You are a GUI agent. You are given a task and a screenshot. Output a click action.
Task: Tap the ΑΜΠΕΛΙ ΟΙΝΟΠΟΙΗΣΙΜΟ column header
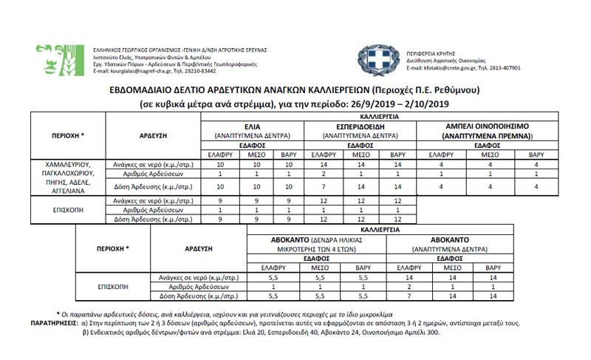pos(487,127)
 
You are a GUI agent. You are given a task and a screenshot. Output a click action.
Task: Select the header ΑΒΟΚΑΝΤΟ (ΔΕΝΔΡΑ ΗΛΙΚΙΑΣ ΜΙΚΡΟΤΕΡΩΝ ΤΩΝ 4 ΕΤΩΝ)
pos(316,245)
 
